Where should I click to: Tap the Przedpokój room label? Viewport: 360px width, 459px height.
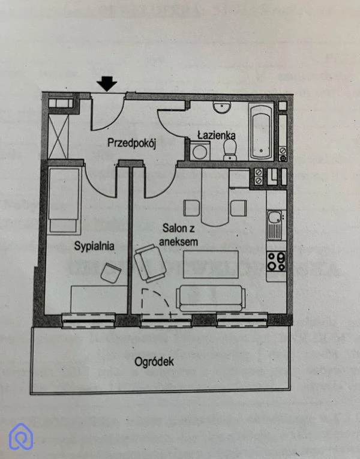point(131,143)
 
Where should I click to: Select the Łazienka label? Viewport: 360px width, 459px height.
point(216,136)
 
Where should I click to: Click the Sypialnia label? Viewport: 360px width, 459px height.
point(94,245)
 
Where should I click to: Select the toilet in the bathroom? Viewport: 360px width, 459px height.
point(229,149)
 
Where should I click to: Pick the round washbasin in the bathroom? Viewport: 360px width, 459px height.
point(222,107)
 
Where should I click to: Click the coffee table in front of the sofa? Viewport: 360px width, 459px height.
point(211,264)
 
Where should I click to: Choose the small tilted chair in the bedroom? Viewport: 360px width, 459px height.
point(110,273)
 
